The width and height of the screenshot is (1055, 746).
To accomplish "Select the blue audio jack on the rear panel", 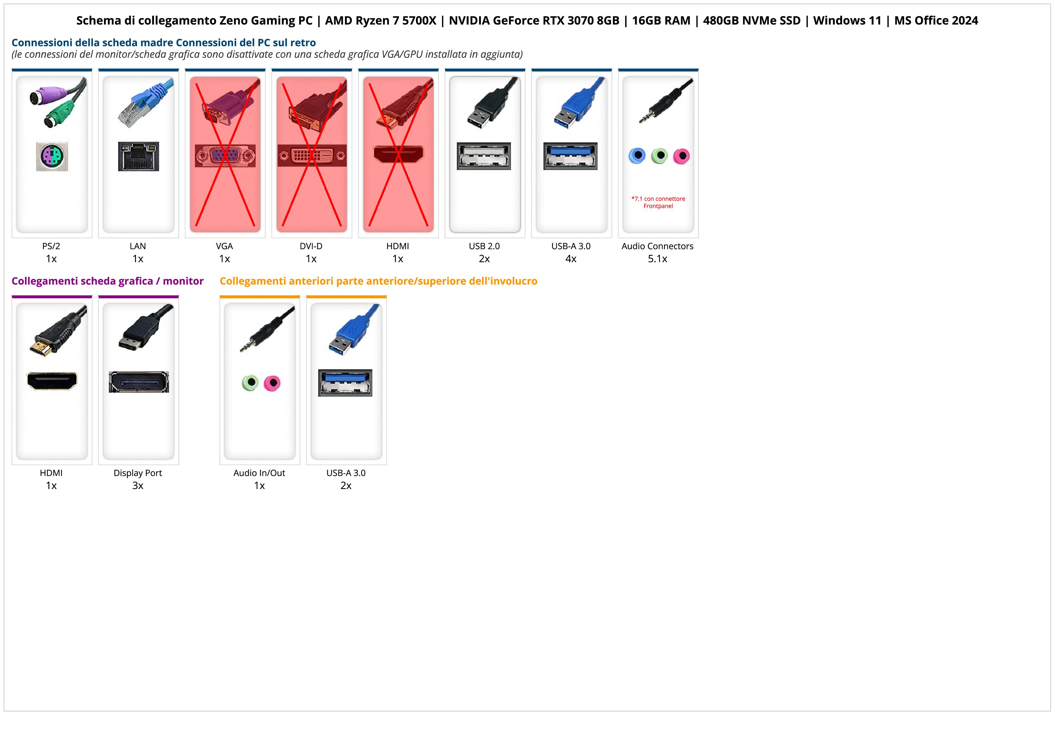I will [637, 156].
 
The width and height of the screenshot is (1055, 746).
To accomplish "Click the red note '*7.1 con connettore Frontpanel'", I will [658, 202].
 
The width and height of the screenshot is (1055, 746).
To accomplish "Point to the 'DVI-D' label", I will [311, 246].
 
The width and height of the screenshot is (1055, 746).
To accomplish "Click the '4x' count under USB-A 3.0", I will [571, 259].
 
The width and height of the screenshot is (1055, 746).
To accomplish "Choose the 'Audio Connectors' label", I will [657, 246].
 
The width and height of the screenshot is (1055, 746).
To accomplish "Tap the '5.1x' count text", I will [657, 259].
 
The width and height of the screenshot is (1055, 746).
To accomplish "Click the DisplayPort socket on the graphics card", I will [139, 382].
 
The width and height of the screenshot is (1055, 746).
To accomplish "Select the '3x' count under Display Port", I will [138, 485].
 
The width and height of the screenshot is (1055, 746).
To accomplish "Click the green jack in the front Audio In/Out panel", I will [250, 382].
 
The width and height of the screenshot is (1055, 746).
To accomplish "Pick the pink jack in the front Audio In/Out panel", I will [272, 382].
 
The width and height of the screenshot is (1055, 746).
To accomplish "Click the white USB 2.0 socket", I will [484, 156].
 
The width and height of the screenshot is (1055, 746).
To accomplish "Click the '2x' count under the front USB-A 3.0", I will [346, 485].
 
